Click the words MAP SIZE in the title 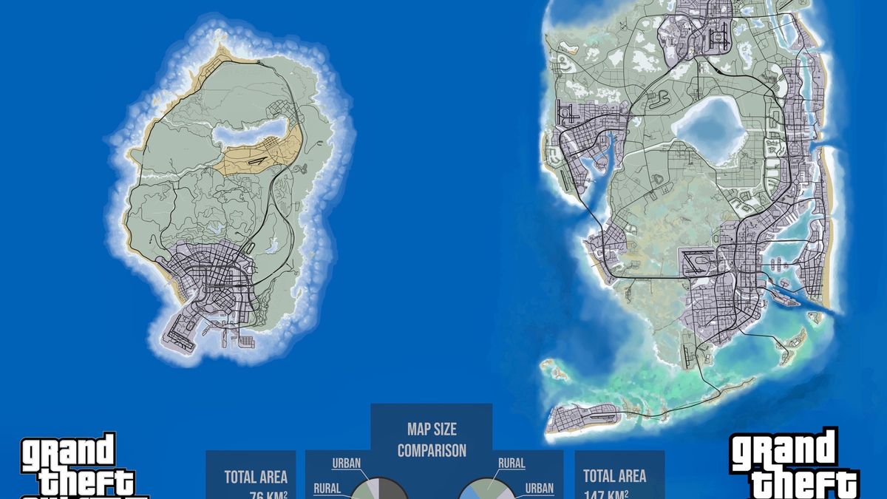coord(431,430)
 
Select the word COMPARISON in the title coord(431,450)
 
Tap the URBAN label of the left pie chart coord(346,464)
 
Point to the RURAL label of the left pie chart coord(327,488)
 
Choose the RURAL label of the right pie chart coord(511,464)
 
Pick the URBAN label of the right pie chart coord(539,488)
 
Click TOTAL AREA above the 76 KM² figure coord(255,477)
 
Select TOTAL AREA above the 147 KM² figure coord(614,476)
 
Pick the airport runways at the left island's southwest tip coord(180,333)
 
